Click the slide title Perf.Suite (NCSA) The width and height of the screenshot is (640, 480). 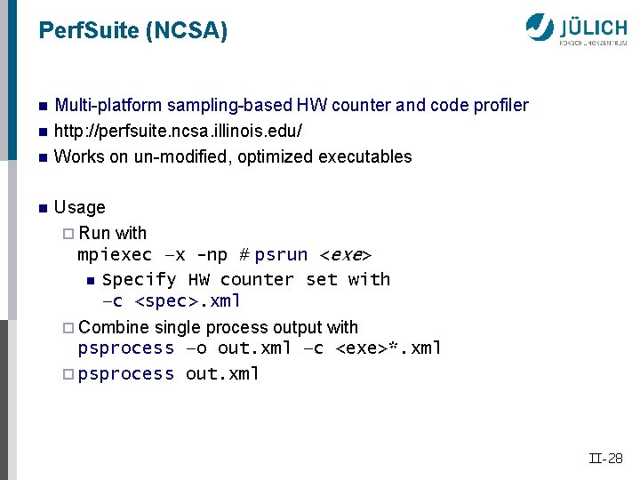pyautogui.click(x=133, y=32)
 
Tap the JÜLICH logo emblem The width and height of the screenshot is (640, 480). pyautogui.click(x=540, y=27)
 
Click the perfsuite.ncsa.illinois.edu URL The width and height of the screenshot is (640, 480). pyautogui.click(x=178, y=131)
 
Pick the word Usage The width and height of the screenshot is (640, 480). pyautogui.click(x=79, y=207)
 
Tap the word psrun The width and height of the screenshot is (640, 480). pyautogui.click(x=281, y=255)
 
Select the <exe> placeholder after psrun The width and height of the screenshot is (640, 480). pyautogui.click(x=345, y=255)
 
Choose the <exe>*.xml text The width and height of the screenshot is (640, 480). pyautogui.click(x=388, y=348)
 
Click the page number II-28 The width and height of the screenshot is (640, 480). pyautogui.click(x=605, y=459)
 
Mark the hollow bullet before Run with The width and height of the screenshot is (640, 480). pyautogui.click(x=70, y=234)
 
